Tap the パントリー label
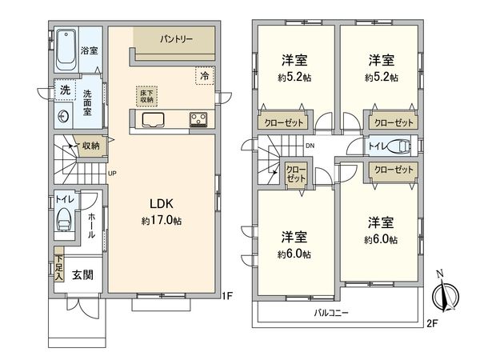pos(174,38)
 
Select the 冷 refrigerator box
pos(205,75)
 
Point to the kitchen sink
pos(153,120)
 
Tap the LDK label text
pos(156,202)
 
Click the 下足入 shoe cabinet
pos(58,266)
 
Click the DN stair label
pos(310,145)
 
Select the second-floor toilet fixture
pos(402,146)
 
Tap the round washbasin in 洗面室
pos(64,115)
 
